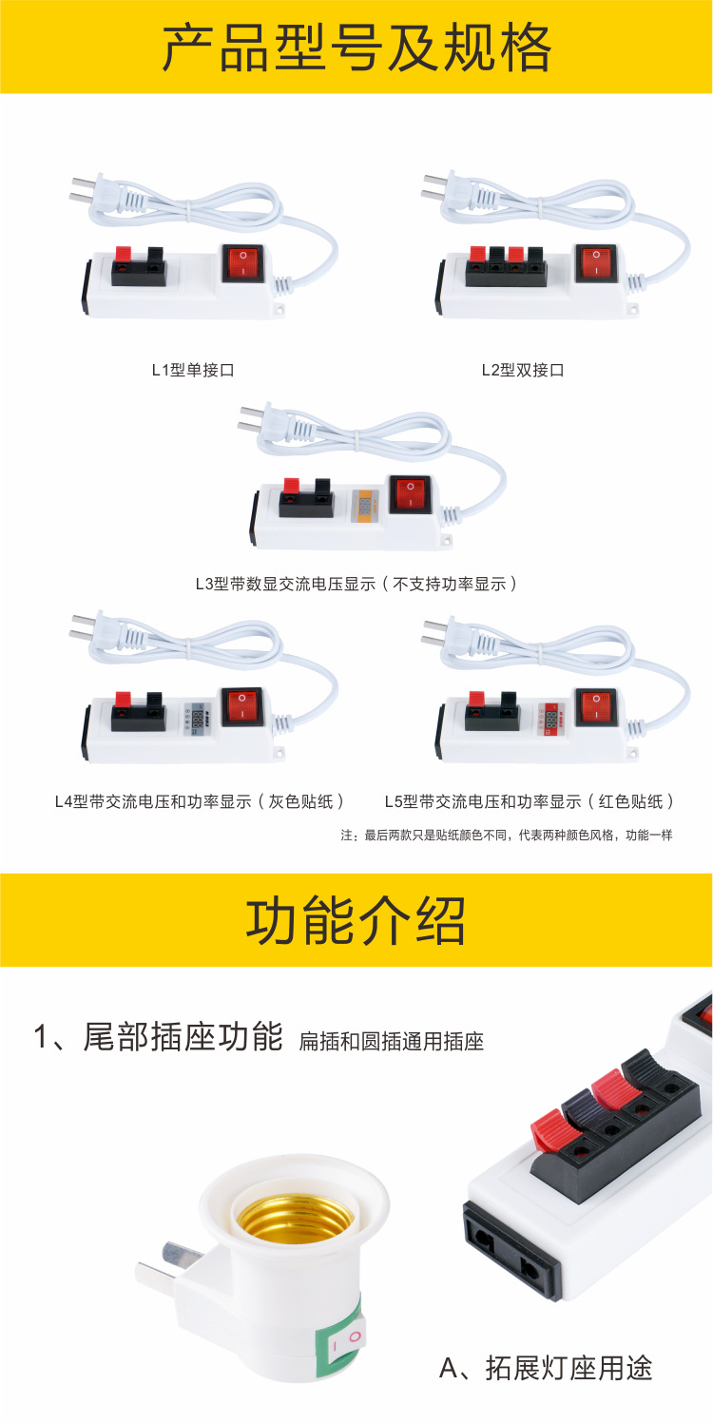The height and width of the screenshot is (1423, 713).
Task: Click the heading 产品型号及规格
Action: pyautogui.click(x=356, y=48)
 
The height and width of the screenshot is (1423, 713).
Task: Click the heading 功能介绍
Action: pyautogui.click(x=356, y=920)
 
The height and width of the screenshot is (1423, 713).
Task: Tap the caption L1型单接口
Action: pyautogui.click(x=193, y=370)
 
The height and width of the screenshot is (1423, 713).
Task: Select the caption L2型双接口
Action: pyautogui.click(x=522, y=370)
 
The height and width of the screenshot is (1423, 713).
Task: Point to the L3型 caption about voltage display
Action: pyautogui.click(x=356, y=584)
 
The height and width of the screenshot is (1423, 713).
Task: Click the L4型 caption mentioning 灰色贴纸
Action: pyautogui.click(x=199, y=801)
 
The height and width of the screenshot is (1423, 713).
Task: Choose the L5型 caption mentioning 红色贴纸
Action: pyautogui.click(x=530, y=801)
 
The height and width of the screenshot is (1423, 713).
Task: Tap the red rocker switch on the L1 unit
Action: pyautogui.click(x=241, y=262)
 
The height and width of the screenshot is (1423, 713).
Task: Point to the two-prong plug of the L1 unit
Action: pyautogui.click(x=90, y=190)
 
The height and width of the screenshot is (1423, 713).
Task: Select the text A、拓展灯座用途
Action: pyautogui.click(x=546, y=1368)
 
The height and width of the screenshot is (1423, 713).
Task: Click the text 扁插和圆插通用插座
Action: pyautogui.click(x=392, y=1042)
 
